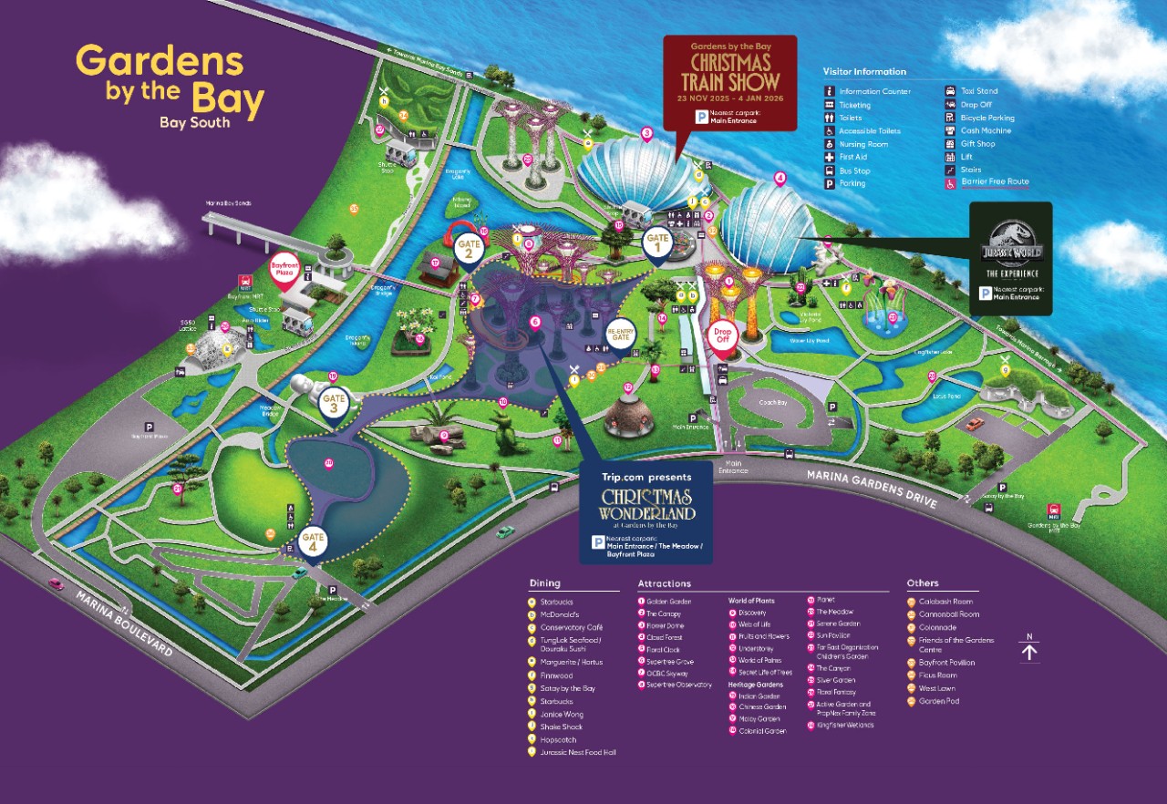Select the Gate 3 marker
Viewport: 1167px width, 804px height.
click(335, 402)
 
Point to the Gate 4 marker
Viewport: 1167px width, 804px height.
click(312, 541)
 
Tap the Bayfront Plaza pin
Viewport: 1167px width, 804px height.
click(285, 271)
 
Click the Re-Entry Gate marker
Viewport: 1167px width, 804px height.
click(620, 335)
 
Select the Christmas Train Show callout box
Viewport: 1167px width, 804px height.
click(729, 82)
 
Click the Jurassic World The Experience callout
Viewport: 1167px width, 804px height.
click(1010, 259)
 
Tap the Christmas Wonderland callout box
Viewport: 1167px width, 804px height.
click(645, 511)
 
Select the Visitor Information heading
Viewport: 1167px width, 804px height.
click(864, 71)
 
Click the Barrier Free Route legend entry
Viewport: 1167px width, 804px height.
click(993, 182)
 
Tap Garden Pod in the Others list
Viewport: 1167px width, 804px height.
click(939, 701)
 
